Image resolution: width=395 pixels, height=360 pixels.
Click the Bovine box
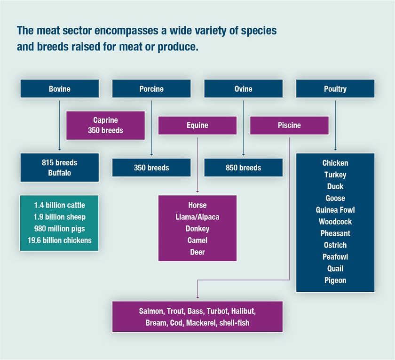pos(59,89)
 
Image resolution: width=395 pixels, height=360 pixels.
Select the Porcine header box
pos(151,89)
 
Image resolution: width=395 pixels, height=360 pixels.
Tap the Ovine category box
pos(244,89)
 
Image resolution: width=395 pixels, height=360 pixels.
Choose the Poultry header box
pos(335,89)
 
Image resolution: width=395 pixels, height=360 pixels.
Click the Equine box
pos(197,125)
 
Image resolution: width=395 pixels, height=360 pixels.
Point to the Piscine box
pos(289,125)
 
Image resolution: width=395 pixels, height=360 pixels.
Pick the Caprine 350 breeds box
pos(105,125)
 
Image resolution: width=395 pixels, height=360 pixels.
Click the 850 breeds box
pos(244,168)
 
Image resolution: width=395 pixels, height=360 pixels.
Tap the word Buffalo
pos(59,173)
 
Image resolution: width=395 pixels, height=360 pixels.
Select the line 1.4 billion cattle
pos(59,205)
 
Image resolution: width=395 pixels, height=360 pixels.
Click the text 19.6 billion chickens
pos(59,240)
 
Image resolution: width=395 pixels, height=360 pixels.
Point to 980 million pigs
pos(59,229)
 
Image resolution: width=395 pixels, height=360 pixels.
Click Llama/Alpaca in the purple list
pos(197,217)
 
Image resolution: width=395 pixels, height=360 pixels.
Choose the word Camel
pos(197,240)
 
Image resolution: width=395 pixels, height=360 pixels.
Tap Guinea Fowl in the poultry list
pos(335,210)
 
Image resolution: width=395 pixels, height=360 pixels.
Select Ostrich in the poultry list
pos(335,245)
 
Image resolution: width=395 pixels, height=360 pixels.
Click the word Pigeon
pos(335,280)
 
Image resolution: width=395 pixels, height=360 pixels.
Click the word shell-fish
pos(234,323)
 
